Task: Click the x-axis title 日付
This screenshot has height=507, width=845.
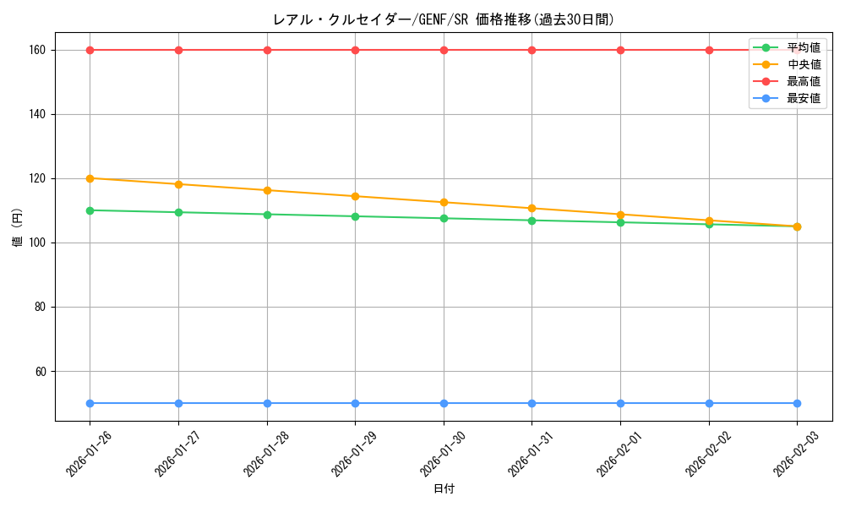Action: (x=444, y=488)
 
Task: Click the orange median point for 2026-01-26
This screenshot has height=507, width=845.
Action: (x=90, y=178)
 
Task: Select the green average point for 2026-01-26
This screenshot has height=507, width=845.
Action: (x=90, y=210)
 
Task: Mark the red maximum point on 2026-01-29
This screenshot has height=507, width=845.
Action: (x=355, y=50)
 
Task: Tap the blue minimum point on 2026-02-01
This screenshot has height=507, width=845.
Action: (x=620, y=403)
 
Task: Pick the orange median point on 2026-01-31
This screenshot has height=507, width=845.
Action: (x=532, y=208)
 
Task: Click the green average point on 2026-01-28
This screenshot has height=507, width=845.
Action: (x=267, y=215)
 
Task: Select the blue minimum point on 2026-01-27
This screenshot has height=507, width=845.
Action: (x=178, y=403)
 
